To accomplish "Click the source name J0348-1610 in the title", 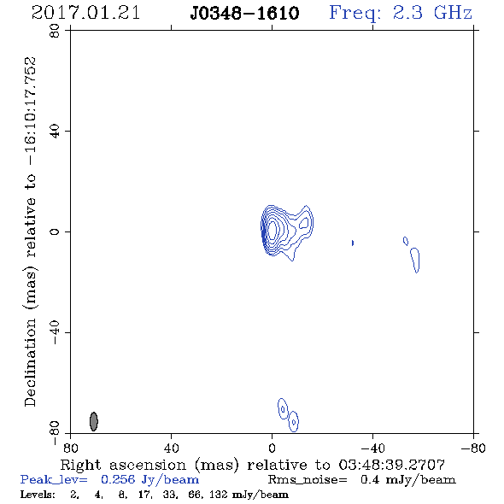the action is [x=244, y=14].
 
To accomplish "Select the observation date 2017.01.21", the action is [x=85, y=13].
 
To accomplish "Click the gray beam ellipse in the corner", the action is [x=93, y=421].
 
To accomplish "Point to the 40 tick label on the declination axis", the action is [x=55, y=132].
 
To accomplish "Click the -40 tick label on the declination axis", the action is [x=55, y=332].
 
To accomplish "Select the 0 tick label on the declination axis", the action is [x=55, y=231].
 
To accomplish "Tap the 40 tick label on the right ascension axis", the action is [x=171, y=448].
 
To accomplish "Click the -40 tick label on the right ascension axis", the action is [x=372, y=448].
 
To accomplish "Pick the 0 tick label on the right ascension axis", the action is [x=272, y=448].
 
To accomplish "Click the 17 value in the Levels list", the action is [x=144, y=495].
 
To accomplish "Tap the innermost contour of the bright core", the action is [x=273, y=230].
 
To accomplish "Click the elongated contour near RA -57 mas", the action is [x=415, y=261].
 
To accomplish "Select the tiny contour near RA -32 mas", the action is [x=353, y=243].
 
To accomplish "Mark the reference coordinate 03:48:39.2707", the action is [x=392, y=465].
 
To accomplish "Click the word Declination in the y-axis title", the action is [x=30, y=363].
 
